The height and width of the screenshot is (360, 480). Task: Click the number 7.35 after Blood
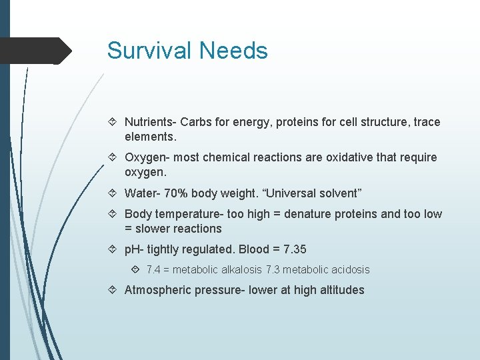tap(293, 249)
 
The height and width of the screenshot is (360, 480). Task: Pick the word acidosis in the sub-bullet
tap(347, 270)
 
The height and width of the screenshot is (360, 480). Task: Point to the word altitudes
tap(340, 290)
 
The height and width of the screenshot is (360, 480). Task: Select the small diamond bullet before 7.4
tap(136, 270)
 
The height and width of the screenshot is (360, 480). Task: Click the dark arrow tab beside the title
tap(37, 51)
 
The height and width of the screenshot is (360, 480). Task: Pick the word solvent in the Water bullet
tap(339, 193)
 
